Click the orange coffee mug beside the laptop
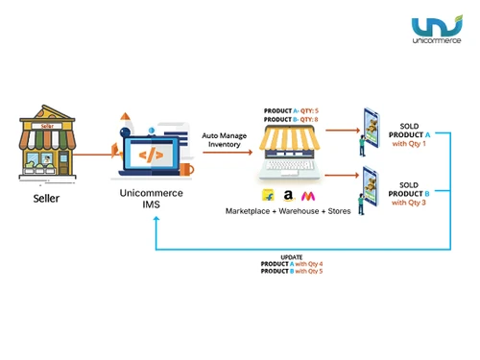(x=185, y=170)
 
